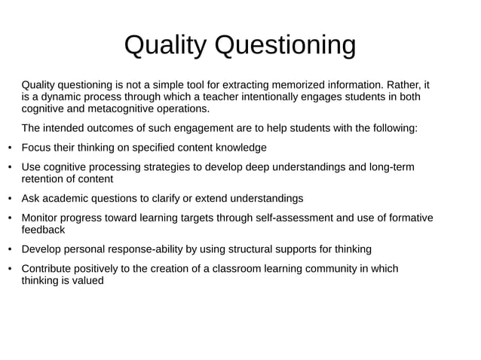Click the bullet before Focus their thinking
point(9,147)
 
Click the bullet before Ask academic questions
point(9,199)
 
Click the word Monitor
point(41,218)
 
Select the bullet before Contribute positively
point(9,269)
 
